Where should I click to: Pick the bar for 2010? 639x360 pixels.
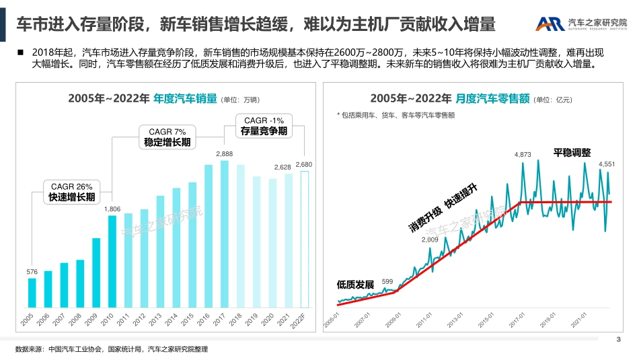(x=112, y=262)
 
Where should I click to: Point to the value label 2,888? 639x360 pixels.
(x=225, y=154)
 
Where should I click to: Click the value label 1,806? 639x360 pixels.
(x=112, y=209)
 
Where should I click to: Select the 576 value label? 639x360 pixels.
(x=32, y=272)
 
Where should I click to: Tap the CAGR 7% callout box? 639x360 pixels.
(x=167, y=137)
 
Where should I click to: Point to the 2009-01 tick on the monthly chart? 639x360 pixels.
(x=394, y=318)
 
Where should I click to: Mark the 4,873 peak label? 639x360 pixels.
(x=523, y=155)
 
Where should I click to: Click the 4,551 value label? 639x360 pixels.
(x=607, y=164)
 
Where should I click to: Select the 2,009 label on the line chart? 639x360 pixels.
(x=429, y=240)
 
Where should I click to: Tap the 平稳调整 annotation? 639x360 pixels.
(x=572, y=153)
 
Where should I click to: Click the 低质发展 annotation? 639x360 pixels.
(x=355, y=285)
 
